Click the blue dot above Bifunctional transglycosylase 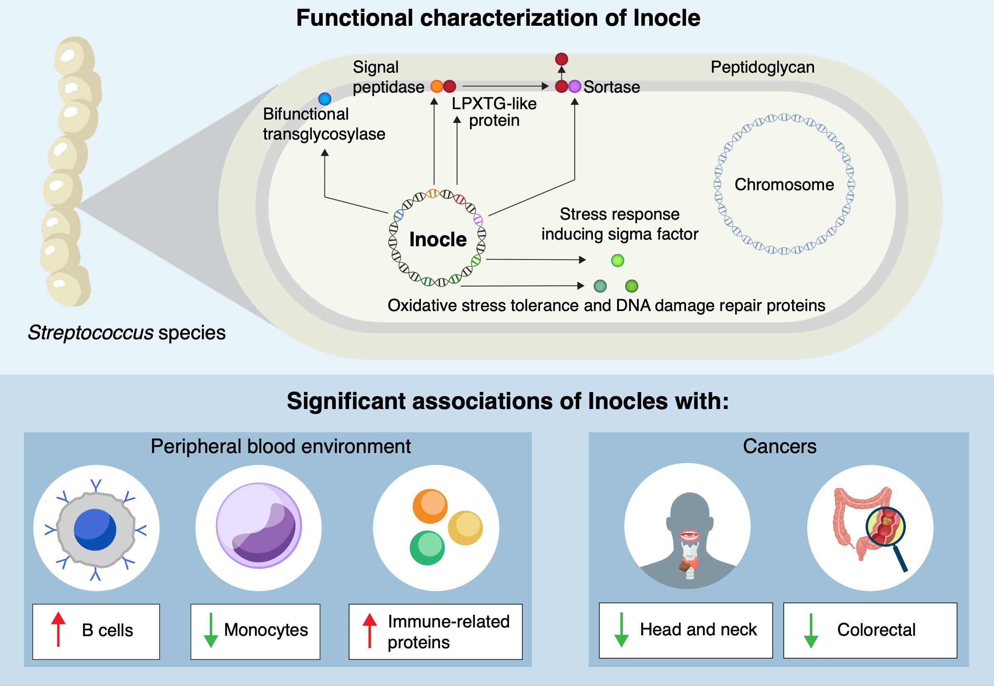tap(325, 99)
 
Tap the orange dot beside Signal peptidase tap(437, 86)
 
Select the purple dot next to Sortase tap(575, 86)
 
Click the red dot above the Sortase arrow tap(561, 59)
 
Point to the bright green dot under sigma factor tap(617, 260)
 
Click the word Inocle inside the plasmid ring tap(438, 240)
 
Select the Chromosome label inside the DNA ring tap(784, 184)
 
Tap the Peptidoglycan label tap(762, 67)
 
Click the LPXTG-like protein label tap(494, 112)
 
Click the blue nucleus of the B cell tap(95, 529)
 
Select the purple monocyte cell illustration tap(258, 525)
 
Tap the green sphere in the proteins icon tap(427, 548)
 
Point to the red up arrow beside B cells tap(58, 629)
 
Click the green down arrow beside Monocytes tap(210, 630)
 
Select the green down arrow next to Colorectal tap(810, 630)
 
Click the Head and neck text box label tap(698, 630)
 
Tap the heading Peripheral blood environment tap(280, 446)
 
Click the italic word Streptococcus tap(90, 333)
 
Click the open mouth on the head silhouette tap(689, 535)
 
